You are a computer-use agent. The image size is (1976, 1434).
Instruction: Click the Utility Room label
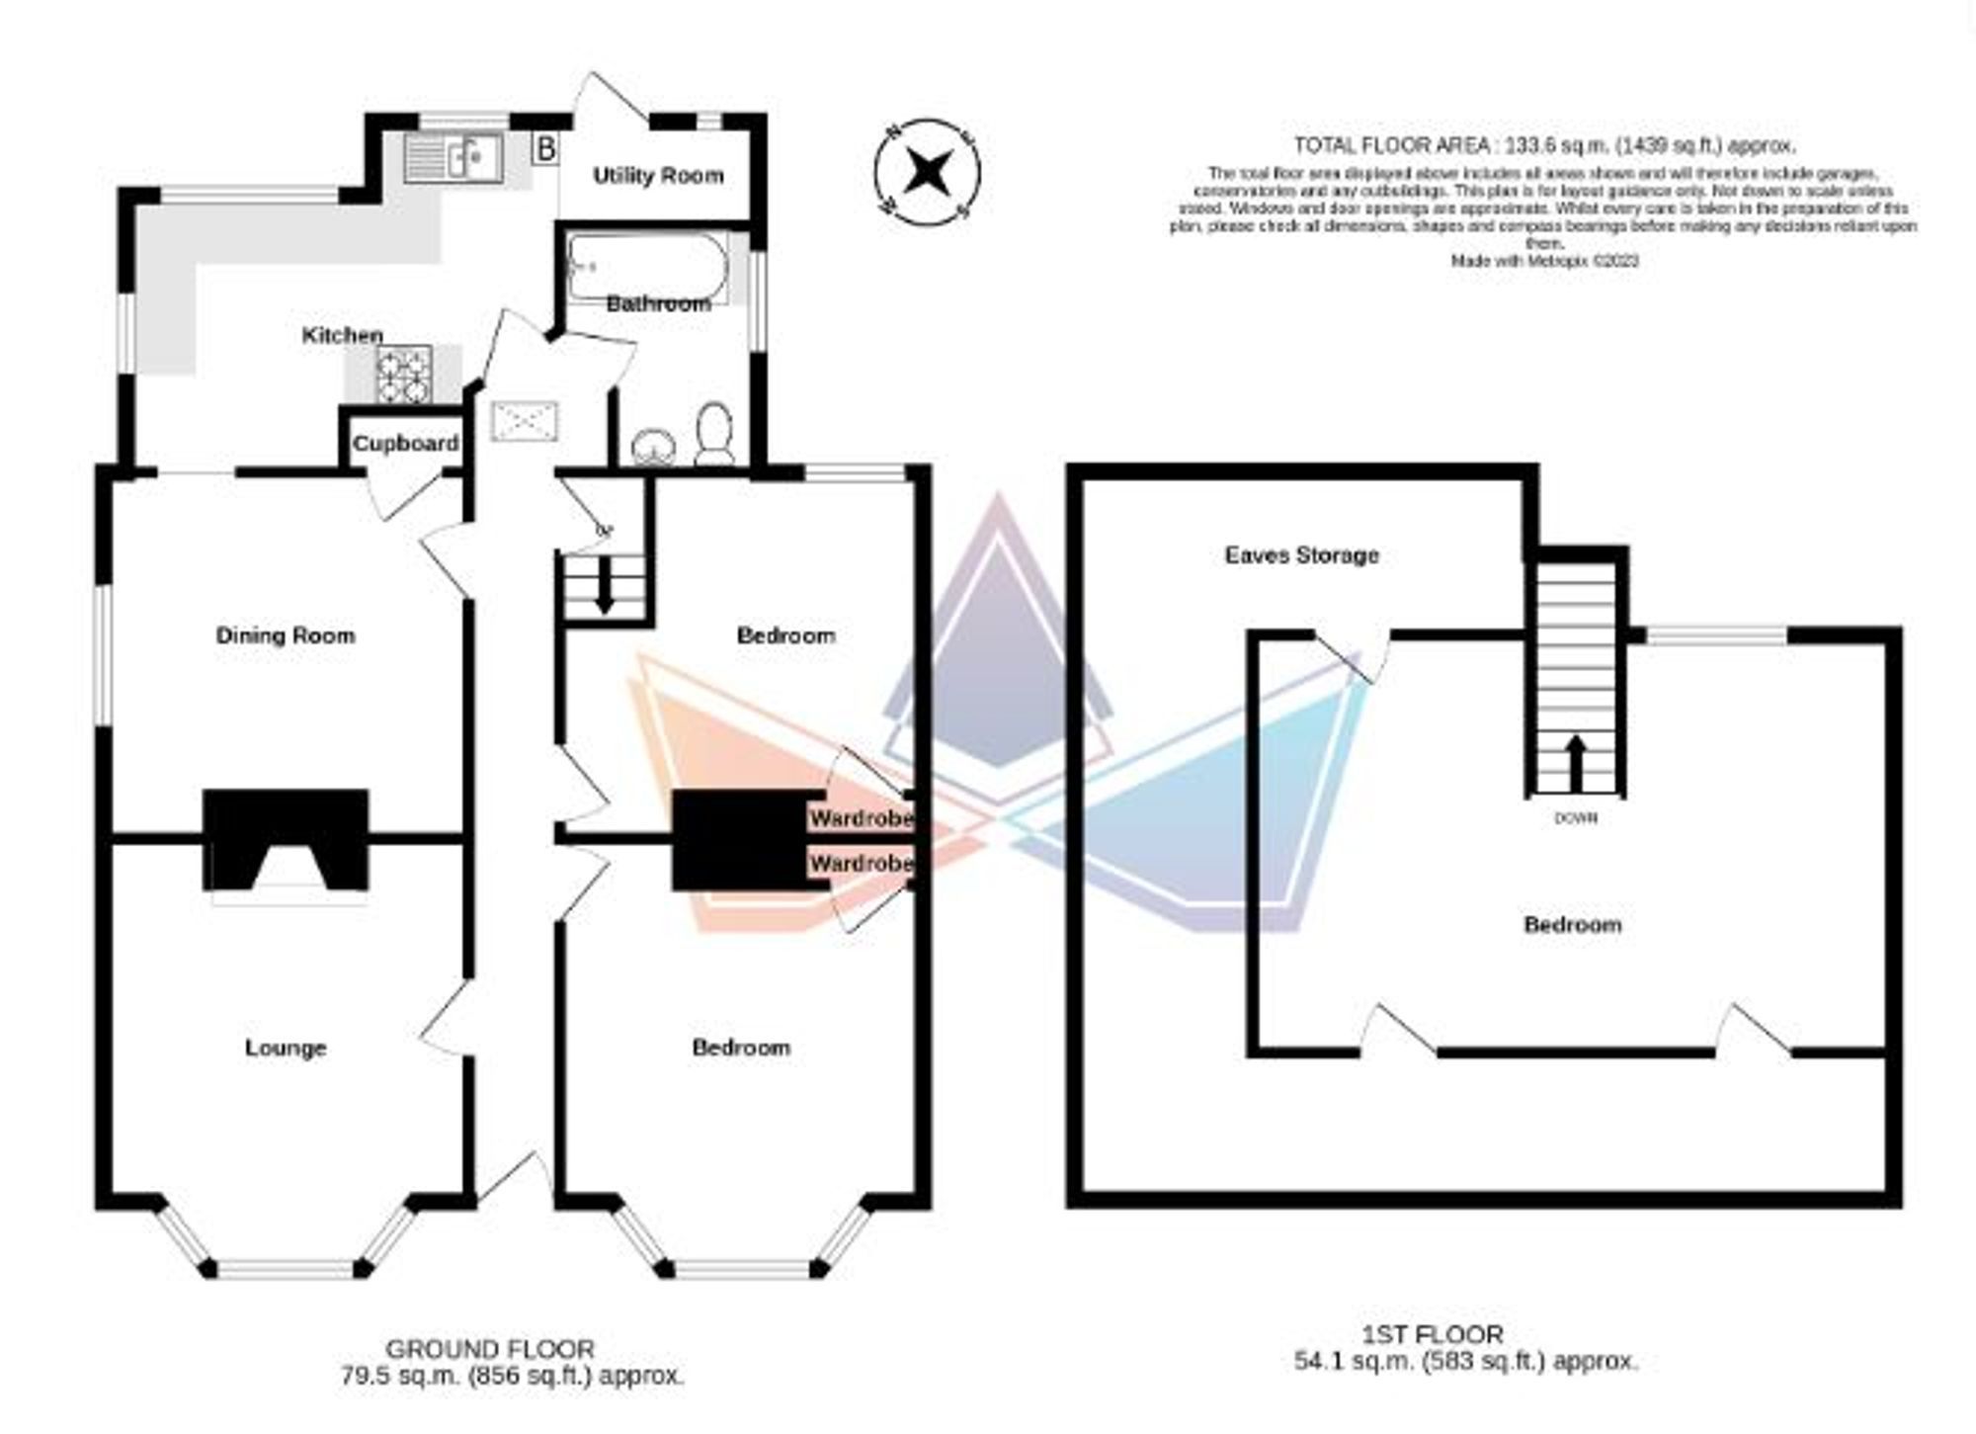coord(658,176)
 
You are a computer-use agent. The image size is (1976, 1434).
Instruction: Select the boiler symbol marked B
coord(544,150)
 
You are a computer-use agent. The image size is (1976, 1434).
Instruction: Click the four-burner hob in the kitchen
coord(403,375)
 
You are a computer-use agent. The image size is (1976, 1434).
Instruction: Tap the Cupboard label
coord(405,444)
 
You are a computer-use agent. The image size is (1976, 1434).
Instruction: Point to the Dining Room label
coord(286,635)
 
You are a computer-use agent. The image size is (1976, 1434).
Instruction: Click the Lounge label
coord(286,1048)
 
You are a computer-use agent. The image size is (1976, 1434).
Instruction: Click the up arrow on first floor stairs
coord(1576,762)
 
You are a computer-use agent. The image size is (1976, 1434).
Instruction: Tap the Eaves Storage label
coord(1301,555)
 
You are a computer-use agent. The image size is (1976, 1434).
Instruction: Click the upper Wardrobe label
coord(861,819)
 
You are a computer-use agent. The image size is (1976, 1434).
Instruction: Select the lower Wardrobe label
coord(861,864)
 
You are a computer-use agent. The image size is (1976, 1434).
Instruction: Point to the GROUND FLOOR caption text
coord(490,1349)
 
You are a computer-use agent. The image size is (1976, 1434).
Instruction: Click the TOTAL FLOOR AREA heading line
coord(1544,146)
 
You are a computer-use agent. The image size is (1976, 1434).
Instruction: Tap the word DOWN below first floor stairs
coord(1576,818)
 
